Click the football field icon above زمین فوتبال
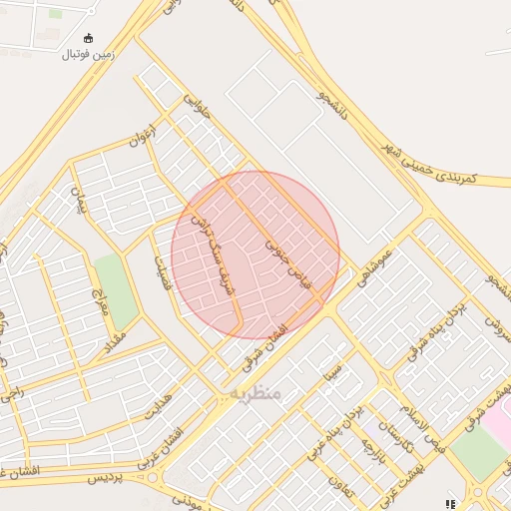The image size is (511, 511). pos(89,38)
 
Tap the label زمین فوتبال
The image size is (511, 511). pos(89,54)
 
